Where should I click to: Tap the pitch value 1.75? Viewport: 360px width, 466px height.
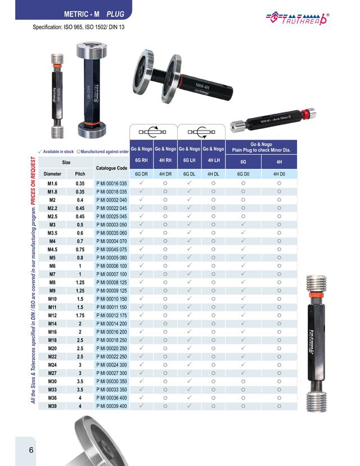click(80, 316)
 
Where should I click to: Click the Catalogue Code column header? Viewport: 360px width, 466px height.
click(112, 168)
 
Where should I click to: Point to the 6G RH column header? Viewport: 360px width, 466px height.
click(142, 161)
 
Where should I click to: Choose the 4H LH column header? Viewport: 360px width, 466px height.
click(213, 161)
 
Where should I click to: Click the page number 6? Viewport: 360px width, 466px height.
click(31, 450)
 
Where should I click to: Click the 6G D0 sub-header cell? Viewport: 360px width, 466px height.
click(244, 174)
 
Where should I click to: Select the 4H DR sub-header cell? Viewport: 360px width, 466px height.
click(165, 174)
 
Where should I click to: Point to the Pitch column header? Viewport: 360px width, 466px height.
click(80, 174)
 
